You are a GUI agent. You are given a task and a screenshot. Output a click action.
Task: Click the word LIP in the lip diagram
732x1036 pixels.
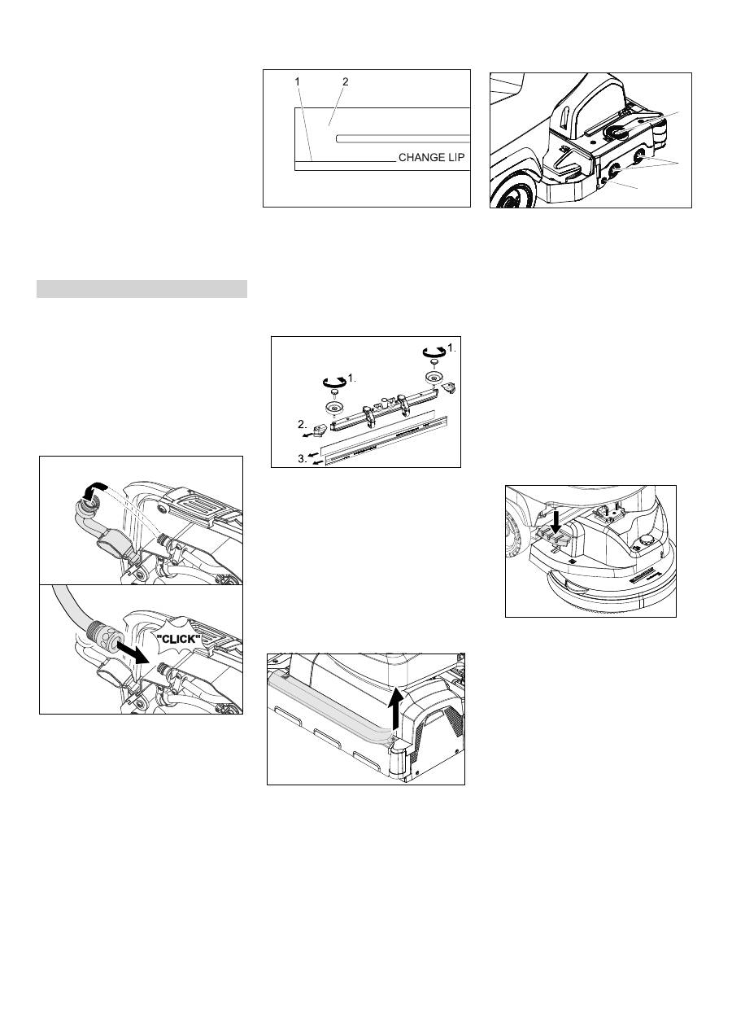(x=455, y=158)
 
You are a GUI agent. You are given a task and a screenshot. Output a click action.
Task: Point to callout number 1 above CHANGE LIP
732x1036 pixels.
(x=298, y=81)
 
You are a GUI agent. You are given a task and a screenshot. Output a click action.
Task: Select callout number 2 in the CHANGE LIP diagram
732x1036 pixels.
(x=345, y=81)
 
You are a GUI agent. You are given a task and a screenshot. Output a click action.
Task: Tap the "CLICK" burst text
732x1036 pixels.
(x=179, y=640)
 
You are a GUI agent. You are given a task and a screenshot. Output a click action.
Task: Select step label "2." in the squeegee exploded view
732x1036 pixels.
(x=303, y=424)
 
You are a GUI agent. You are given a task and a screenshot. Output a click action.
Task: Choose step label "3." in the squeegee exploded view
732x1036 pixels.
(x=303, y=459)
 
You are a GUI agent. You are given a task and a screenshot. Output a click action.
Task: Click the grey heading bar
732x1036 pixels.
(x=142, y=289)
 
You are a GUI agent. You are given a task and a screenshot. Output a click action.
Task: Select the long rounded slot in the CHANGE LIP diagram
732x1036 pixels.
(x=403, y=138)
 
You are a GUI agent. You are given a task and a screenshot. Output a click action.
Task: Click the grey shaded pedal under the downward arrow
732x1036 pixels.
(x=557, y=537)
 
